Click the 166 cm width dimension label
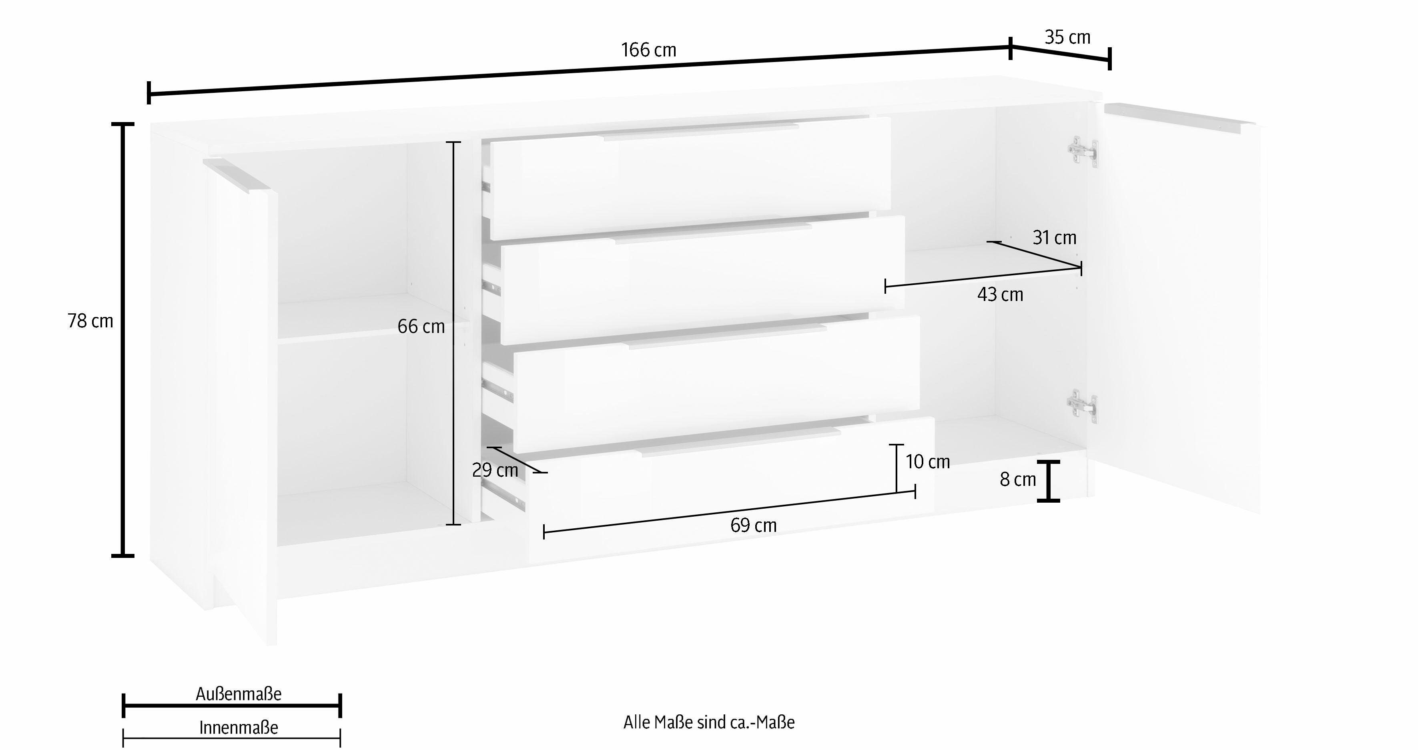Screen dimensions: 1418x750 [648, 50]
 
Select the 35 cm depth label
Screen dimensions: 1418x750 [1067, 37]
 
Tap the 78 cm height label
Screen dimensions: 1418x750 [90, 321]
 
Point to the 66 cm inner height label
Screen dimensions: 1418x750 [421, 327]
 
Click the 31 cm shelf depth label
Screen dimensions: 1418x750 [1054, 238]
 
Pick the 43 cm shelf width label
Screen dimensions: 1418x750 [1000, 295]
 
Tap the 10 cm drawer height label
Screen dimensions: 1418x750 [928, 462]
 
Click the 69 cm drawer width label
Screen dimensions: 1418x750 [754, 525]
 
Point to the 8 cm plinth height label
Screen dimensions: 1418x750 [1018, 480]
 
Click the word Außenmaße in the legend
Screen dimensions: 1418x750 [239, 694]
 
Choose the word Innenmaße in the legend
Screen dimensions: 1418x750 [239, 728]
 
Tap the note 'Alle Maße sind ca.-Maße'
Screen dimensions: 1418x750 [709, 722]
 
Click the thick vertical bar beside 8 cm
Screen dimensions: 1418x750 [1049, 481]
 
